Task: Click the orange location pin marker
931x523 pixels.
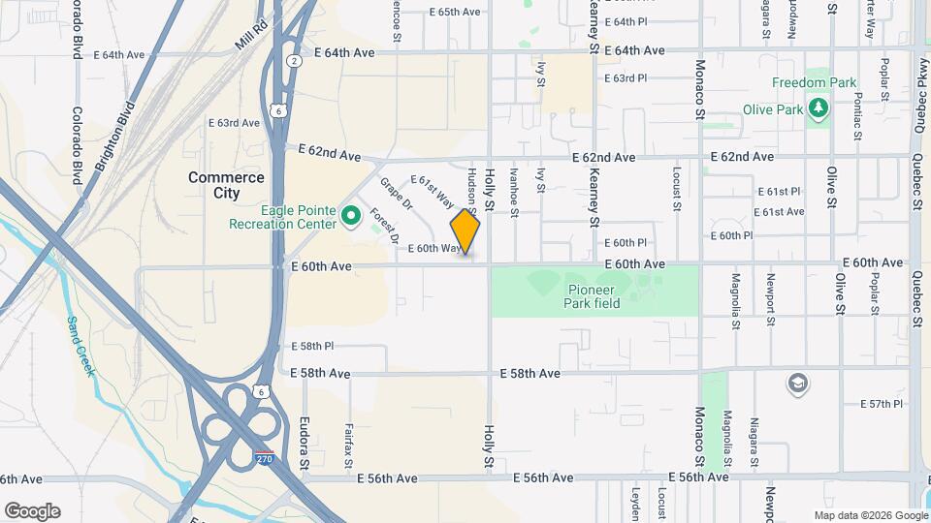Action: point(465,232)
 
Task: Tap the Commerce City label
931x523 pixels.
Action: point(226,185)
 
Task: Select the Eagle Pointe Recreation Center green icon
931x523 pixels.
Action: point(350,214)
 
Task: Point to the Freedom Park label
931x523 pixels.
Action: point(815,82)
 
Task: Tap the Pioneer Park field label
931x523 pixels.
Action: point(592,296)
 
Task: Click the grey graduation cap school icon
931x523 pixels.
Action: point(798,385)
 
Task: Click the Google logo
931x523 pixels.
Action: point(32,510)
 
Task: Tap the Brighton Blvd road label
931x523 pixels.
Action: point(114,138)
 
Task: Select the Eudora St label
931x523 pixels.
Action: point(305,445)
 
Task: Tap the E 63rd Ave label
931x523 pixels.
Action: point(235,123)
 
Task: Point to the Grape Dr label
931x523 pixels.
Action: point(396,197)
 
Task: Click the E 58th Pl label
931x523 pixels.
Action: point(312,346)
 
